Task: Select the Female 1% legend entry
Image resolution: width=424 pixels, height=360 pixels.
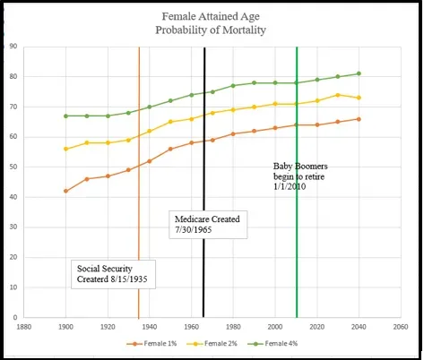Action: pos(151,344)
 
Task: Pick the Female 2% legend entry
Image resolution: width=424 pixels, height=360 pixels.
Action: pos(212,344)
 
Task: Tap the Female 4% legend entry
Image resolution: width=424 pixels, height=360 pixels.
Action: pos(273,344)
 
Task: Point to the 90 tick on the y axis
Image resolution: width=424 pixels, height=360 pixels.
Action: pos(13,47)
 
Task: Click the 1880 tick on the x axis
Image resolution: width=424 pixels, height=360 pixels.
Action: pos(24,327)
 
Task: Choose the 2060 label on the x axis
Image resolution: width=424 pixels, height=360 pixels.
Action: pos(401,327)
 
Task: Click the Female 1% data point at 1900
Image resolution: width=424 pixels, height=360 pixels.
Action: pos(65,191)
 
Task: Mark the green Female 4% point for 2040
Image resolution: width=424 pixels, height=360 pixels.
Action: pos(359,73)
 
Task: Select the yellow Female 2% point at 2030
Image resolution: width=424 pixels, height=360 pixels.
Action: pos(338,95)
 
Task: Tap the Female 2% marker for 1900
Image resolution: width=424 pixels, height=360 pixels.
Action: pos(65,149)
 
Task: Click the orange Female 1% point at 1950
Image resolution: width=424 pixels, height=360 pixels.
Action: pos(170,149)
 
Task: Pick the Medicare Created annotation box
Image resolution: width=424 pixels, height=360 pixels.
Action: pos(208,225)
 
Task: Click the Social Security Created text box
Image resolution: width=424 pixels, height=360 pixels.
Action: pos(113,274)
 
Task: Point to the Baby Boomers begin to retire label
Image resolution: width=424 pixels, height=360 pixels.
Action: pos(300,176)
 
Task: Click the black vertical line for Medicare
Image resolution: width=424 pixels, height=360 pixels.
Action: pos(204,182)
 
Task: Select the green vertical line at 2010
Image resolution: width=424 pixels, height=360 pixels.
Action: pos(297,182)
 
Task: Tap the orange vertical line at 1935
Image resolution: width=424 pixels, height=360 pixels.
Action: pos(139,182)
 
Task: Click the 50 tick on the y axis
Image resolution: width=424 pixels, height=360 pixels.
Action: pos(13,167)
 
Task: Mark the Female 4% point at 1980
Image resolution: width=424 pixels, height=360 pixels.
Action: pos(233,86)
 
